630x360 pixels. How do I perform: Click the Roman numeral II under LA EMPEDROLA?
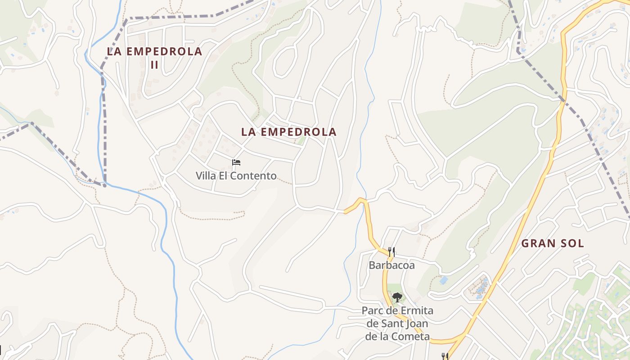(154, 65)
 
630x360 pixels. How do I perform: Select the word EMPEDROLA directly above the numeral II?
(164, 51)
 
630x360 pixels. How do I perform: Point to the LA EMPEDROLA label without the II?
(288, 132)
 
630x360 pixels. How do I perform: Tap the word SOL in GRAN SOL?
(573, 243)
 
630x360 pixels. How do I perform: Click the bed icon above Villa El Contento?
(236, 162)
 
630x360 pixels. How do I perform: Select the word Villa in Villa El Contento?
(206, 175)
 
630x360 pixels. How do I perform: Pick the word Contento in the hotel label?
(257, 175)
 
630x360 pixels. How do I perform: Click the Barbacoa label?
(391, 265)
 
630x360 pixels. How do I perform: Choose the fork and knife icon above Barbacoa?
(391, 252)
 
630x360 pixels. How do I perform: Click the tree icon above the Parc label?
(397, 297)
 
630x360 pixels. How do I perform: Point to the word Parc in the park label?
(373, 310)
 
